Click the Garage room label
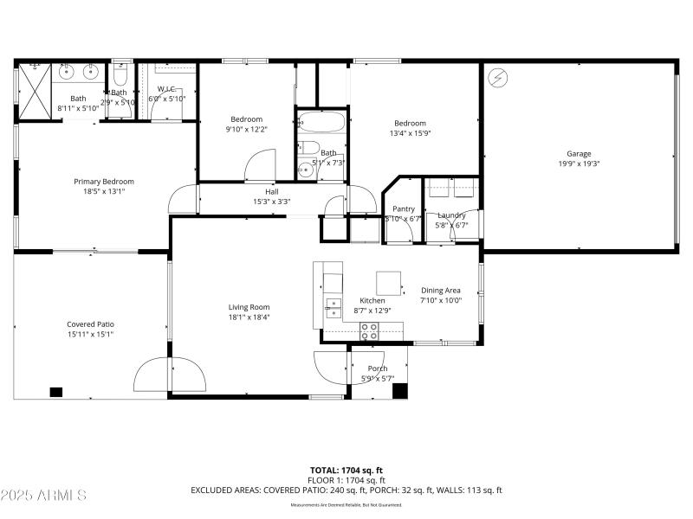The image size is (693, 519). [579, 154]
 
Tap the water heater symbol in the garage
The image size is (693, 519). [497, 77]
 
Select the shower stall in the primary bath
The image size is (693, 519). [36, 90]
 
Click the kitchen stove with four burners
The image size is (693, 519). [369, 330]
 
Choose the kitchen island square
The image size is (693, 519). [388, 283]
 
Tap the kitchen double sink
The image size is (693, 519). [333, 304]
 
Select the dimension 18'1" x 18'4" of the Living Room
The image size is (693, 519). [249, 317]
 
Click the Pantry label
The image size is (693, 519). [404, 209]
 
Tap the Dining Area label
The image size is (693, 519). [441, 291]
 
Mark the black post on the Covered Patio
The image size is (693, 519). [56, 392]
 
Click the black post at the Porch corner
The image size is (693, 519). [399, 391]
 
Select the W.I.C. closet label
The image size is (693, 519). [167, 89]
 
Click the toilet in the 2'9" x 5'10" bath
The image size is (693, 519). [120, 75]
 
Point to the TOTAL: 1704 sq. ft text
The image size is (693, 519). [346, 470]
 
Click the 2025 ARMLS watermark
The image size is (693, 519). [43, 496]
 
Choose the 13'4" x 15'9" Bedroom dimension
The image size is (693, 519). [411, 133]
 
